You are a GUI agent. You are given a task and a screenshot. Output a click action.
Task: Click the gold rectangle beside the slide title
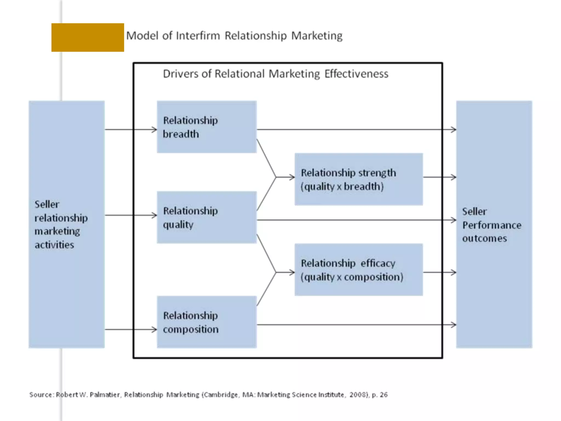(88, 38)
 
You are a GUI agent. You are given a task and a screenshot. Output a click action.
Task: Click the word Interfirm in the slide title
(198, 36)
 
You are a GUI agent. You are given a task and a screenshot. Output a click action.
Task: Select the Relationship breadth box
(207, 127)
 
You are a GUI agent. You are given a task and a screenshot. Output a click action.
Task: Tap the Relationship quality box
(207, 217)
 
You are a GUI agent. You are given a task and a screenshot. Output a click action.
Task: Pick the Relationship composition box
(207, 322)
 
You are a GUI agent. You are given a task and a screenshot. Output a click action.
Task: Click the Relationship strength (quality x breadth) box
(359, 179)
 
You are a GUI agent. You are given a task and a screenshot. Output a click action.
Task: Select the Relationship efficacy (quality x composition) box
(359, 270)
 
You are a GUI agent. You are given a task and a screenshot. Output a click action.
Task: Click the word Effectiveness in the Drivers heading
(356, 74)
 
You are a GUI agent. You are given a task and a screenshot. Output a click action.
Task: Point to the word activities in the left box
(54, 245)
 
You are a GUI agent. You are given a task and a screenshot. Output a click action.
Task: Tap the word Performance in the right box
(492, 225)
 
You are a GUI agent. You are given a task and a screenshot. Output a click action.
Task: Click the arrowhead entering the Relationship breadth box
(154, 129)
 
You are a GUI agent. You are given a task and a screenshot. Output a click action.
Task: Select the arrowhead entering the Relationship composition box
(154, 329)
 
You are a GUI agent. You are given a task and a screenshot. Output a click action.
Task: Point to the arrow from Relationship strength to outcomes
(439, 177)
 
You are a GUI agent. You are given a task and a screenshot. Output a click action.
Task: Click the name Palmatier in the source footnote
(105, 395)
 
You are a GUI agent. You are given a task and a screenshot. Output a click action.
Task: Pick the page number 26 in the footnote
(384, 395)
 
